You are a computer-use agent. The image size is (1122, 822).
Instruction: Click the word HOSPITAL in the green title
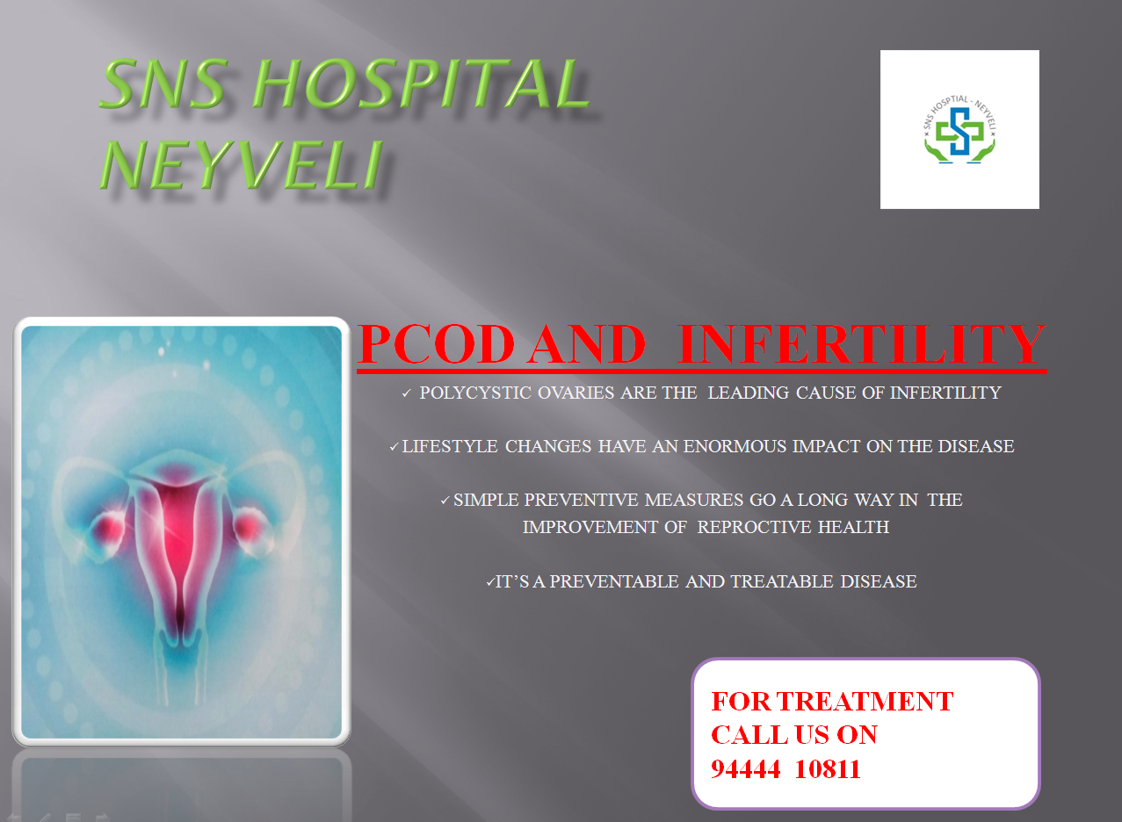[x=421, y=83]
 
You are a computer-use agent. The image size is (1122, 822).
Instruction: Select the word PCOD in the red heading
[x=437, y=344]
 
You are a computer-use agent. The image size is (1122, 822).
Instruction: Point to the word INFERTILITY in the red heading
[x=862, y=344]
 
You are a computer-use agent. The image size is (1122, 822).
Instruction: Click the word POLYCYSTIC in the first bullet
[x=475, y=393]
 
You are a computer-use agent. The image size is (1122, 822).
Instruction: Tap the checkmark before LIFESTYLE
[x=395, y=446]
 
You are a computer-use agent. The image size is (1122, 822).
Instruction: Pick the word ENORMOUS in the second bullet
[x=735, y=446]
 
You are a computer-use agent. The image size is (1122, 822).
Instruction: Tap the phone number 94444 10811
[x=785, y=769]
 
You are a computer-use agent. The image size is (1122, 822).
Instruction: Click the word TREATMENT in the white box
[x=865, y=702]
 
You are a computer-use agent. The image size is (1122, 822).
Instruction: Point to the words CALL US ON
[x=794, y=735]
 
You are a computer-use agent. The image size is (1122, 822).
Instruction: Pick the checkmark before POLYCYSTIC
[x=406, y=393]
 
